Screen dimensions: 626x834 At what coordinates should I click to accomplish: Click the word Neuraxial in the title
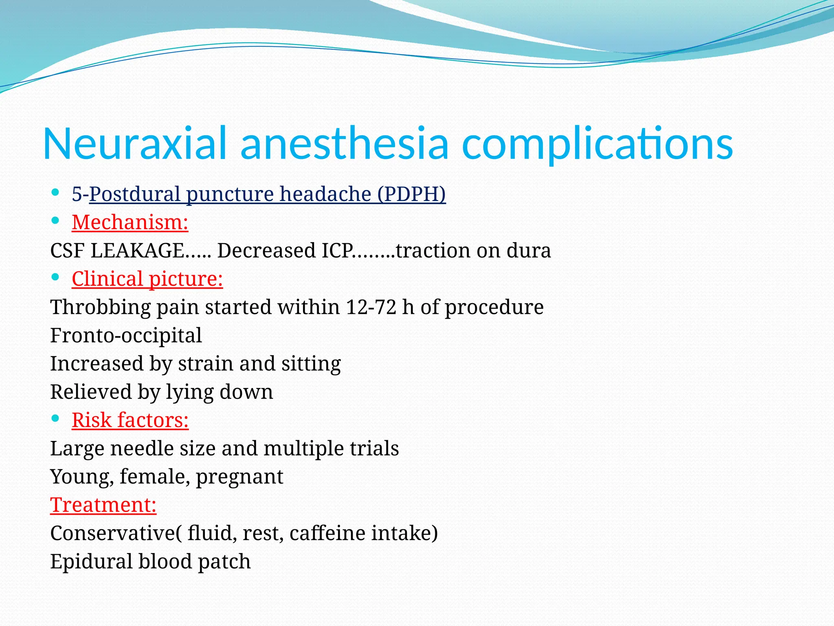click(134, 143)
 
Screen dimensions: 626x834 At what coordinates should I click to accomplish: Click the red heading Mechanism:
click(130, 222)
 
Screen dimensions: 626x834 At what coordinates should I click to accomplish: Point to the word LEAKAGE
click(137, 250)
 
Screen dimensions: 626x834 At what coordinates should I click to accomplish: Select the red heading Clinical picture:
click(147, 279)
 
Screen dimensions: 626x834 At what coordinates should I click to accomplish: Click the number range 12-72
click(371, 307)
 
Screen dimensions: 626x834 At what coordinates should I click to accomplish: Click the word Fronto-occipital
click(126, 335)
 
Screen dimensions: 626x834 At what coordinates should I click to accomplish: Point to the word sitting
click(311, 364)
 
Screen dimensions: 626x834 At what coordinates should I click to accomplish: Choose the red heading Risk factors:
click(130, 420)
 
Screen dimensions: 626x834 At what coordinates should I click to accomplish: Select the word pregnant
click(239, 476)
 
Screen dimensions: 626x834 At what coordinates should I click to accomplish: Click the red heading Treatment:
click(103, 505)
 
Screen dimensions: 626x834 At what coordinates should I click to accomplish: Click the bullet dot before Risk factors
click(56, 418)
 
